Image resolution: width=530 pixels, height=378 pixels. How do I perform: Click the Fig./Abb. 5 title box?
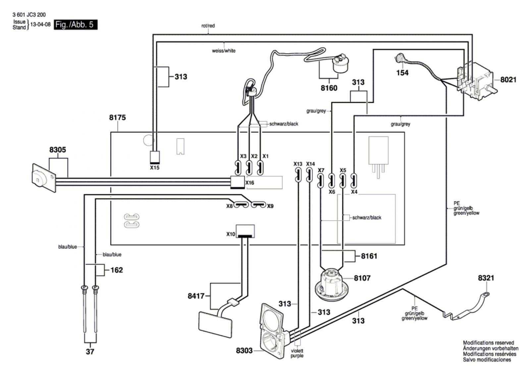(x=76, y=25)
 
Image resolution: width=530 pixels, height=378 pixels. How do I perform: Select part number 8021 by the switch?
(x=508, y=80)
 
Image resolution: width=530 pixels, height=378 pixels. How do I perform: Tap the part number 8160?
(x=329, y=88)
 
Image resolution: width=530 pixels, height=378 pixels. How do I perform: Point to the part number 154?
(x=402, y=73)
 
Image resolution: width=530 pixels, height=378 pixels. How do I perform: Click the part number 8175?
(x=117, y=117)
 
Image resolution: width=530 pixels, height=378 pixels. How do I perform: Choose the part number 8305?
(x=58, y=150)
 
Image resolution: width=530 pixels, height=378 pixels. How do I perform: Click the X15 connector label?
(x=155, y=168)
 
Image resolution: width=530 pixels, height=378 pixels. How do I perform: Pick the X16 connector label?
(x=250, y=183)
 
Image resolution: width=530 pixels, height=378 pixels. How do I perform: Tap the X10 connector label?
(x=231, y=234)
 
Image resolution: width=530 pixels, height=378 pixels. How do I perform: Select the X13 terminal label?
(x=298, y=164)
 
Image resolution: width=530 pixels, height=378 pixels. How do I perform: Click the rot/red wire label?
(x=208, y=26)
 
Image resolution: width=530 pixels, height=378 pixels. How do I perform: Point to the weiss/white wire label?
(x=224, y=51)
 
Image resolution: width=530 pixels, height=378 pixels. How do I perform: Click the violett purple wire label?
(x=297, y=353)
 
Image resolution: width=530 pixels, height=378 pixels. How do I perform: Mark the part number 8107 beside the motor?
(x=362, y=278)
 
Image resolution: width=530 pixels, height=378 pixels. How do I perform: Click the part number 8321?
(x=486, y=278)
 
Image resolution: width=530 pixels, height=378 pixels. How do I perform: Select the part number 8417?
(x=196, y=296)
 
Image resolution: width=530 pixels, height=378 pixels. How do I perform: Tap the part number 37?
(x=90, y=351)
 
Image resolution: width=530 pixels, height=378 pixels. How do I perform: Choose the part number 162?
(x=117, y=270)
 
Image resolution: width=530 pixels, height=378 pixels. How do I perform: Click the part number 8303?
(x=244, y=350)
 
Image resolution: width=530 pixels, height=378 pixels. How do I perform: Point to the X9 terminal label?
(x=270, y=206)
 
